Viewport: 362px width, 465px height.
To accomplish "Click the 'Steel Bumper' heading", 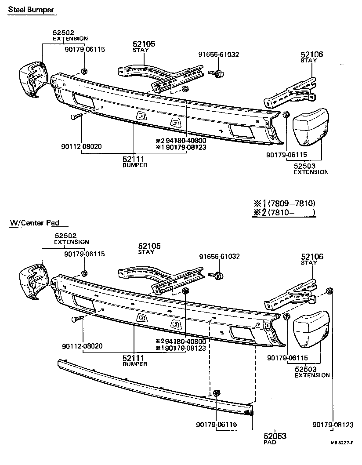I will (x=31, y=10).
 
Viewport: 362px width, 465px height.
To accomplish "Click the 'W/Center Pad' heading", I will (x=34, y=223).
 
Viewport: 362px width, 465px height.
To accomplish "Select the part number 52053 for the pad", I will (x=275, y=436).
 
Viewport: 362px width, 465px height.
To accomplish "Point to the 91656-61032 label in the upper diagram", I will (x=218, y=55).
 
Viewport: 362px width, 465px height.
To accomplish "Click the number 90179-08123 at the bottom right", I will (x=333, y=425).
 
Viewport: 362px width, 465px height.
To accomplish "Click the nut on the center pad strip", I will (x=216, y=392).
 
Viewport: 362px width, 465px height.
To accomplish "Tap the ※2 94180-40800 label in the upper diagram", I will (x=181, y=141).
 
